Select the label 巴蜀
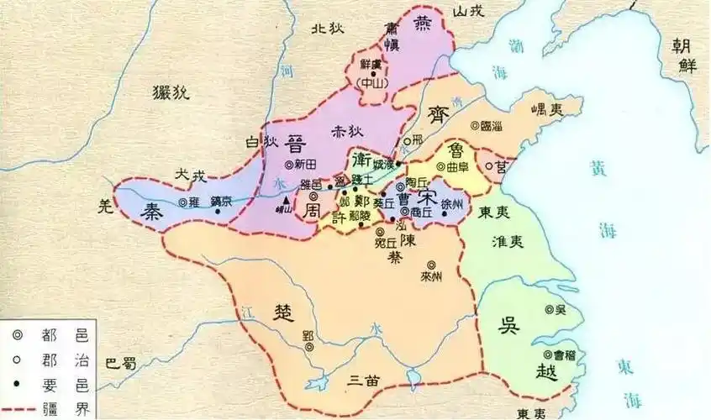click(x=121, y=363)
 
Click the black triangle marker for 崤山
click(x=287, y=201)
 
